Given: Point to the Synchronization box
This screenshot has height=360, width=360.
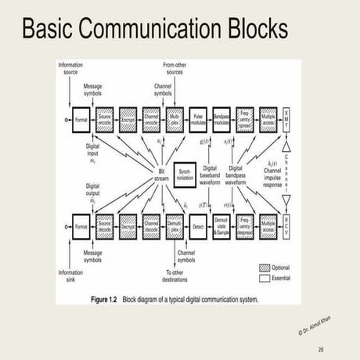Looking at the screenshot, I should tap(185, 174).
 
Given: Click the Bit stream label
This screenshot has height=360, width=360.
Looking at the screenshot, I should tap(163, 175).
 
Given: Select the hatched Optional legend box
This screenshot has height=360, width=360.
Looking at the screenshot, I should tap(263, 267).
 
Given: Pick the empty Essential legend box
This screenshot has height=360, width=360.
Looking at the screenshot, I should tap(263, 277).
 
